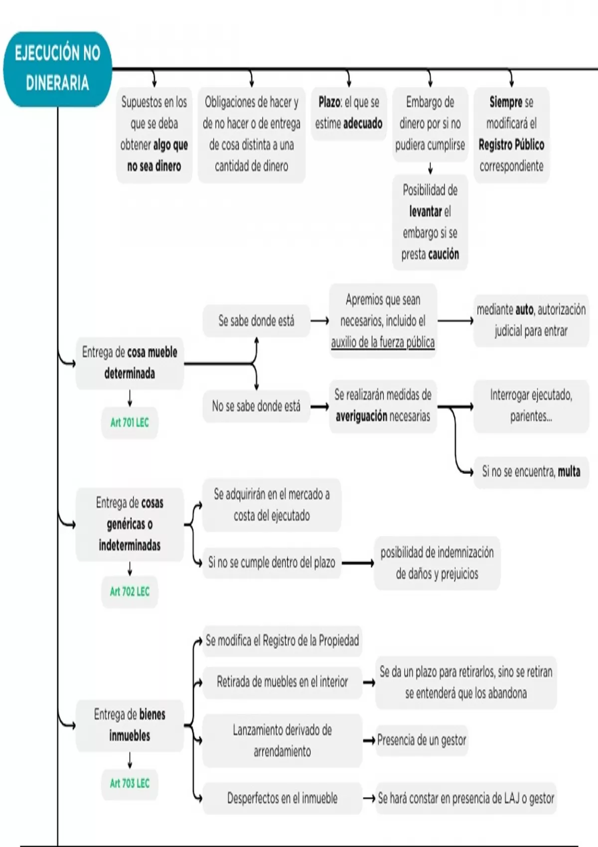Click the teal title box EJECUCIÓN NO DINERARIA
[57, 68]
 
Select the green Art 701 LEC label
[130, 423]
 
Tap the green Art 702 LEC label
[130, 591]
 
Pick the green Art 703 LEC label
[130, 783]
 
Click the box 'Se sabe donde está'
[256, 321]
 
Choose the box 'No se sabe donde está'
[256, 406]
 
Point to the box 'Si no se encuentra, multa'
[531, 471]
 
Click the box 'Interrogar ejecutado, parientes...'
[531, 406]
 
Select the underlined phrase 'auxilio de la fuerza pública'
[383, 342]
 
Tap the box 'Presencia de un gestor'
[422, 740]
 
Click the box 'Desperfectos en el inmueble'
[282, 798]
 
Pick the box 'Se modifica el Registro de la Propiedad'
[282, 641]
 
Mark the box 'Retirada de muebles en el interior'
[282, 682]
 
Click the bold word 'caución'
[444, 255]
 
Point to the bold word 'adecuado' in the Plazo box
[363, 124]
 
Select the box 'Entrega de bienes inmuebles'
[130, 725]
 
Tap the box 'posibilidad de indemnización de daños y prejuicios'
[437, 563]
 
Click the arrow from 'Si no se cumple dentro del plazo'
[357, 563]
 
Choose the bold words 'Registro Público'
[511, 145]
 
